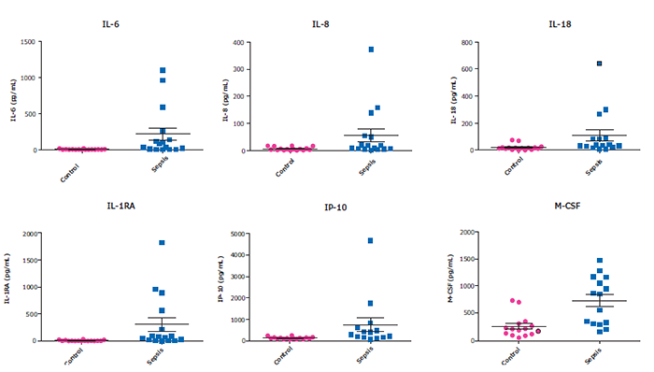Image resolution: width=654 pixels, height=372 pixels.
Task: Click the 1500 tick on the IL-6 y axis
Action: (x=29, y=42)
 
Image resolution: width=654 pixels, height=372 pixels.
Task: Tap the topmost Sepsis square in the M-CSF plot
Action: (x=599, y=261)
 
